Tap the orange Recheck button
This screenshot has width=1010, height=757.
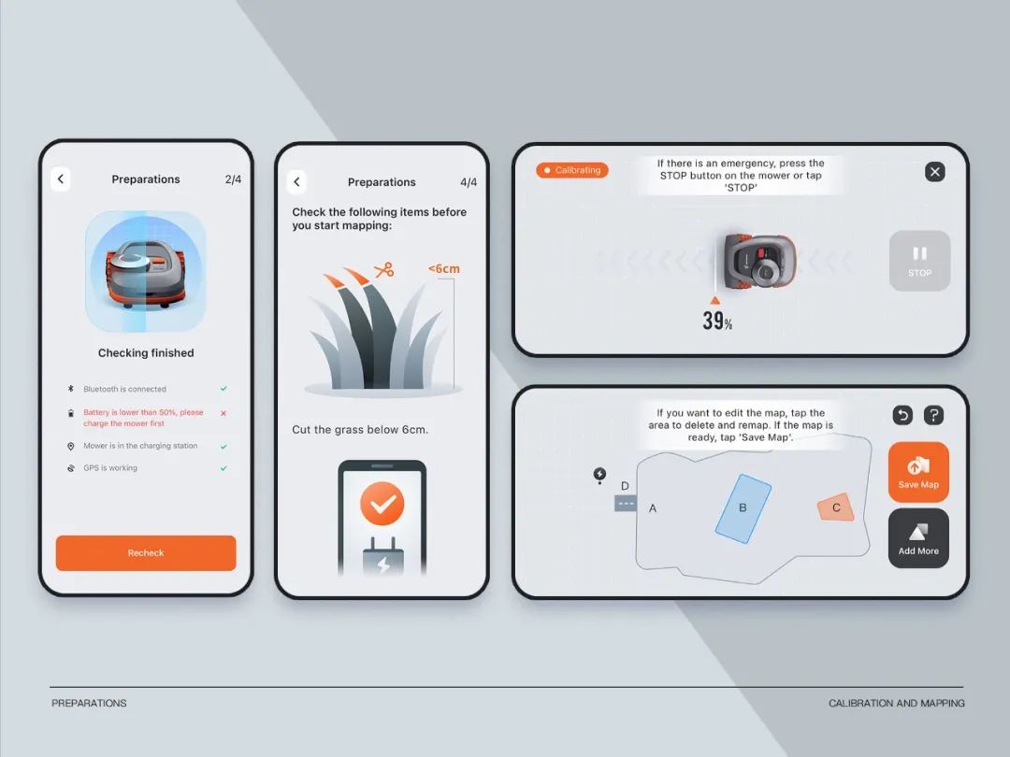[x=146, y=553]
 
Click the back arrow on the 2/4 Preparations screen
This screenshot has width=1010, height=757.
[x=61, y=179]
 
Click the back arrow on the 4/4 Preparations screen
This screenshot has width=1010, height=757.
[x=297, y=182]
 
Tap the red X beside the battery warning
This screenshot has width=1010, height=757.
[x=224, y=413]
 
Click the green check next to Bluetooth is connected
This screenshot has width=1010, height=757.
[x=224, y=389]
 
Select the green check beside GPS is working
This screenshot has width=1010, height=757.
[x=224, y=468]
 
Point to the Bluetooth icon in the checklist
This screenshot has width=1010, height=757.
[x=71, y=389]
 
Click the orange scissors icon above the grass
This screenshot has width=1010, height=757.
[x=384, y=270]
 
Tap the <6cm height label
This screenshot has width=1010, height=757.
[x=444, y=268]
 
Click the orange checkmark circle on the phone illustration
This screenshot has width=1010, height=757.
[x=382, y=504]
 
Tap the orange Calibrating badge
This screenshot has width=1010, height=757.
[x=572, y=170]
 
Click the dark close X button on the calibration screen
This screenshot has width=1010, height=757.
[x=934, y=172]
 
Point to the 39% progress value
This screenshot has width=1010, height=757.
[x=717, y=321]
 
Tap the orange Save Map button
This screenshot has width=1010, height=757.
[x=918, y=472]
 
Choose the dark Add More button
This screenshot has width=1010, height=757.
[x=918, y=538]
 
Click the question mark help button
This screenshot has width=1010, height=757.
[x=933, y=415]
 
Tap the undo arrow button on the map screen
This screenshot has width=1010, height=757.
[x=902, y=415]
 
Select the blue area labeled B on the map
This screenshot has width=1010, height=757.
[x=743, y=508]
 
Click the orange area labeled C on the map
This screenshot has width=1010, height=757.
[x=835, y=507]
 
